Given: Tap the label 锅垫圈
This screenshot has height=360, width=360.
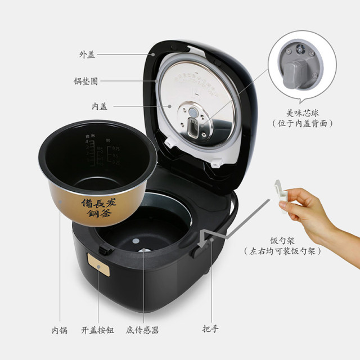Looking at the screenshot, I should coord(87,80).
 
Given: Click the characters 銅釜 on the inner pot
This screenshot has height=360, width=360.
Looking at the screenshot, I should coord(98,213).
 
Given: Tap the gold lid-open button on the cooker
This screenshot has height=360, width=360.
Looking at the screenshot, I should coord(98,263).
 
